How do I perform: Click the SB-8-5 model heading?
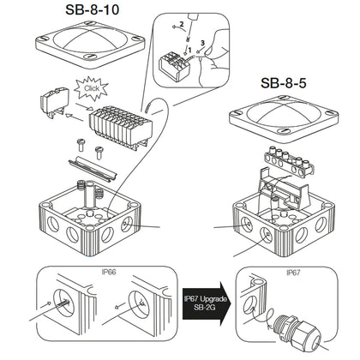pyautogui.click(x=291, y=86)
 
